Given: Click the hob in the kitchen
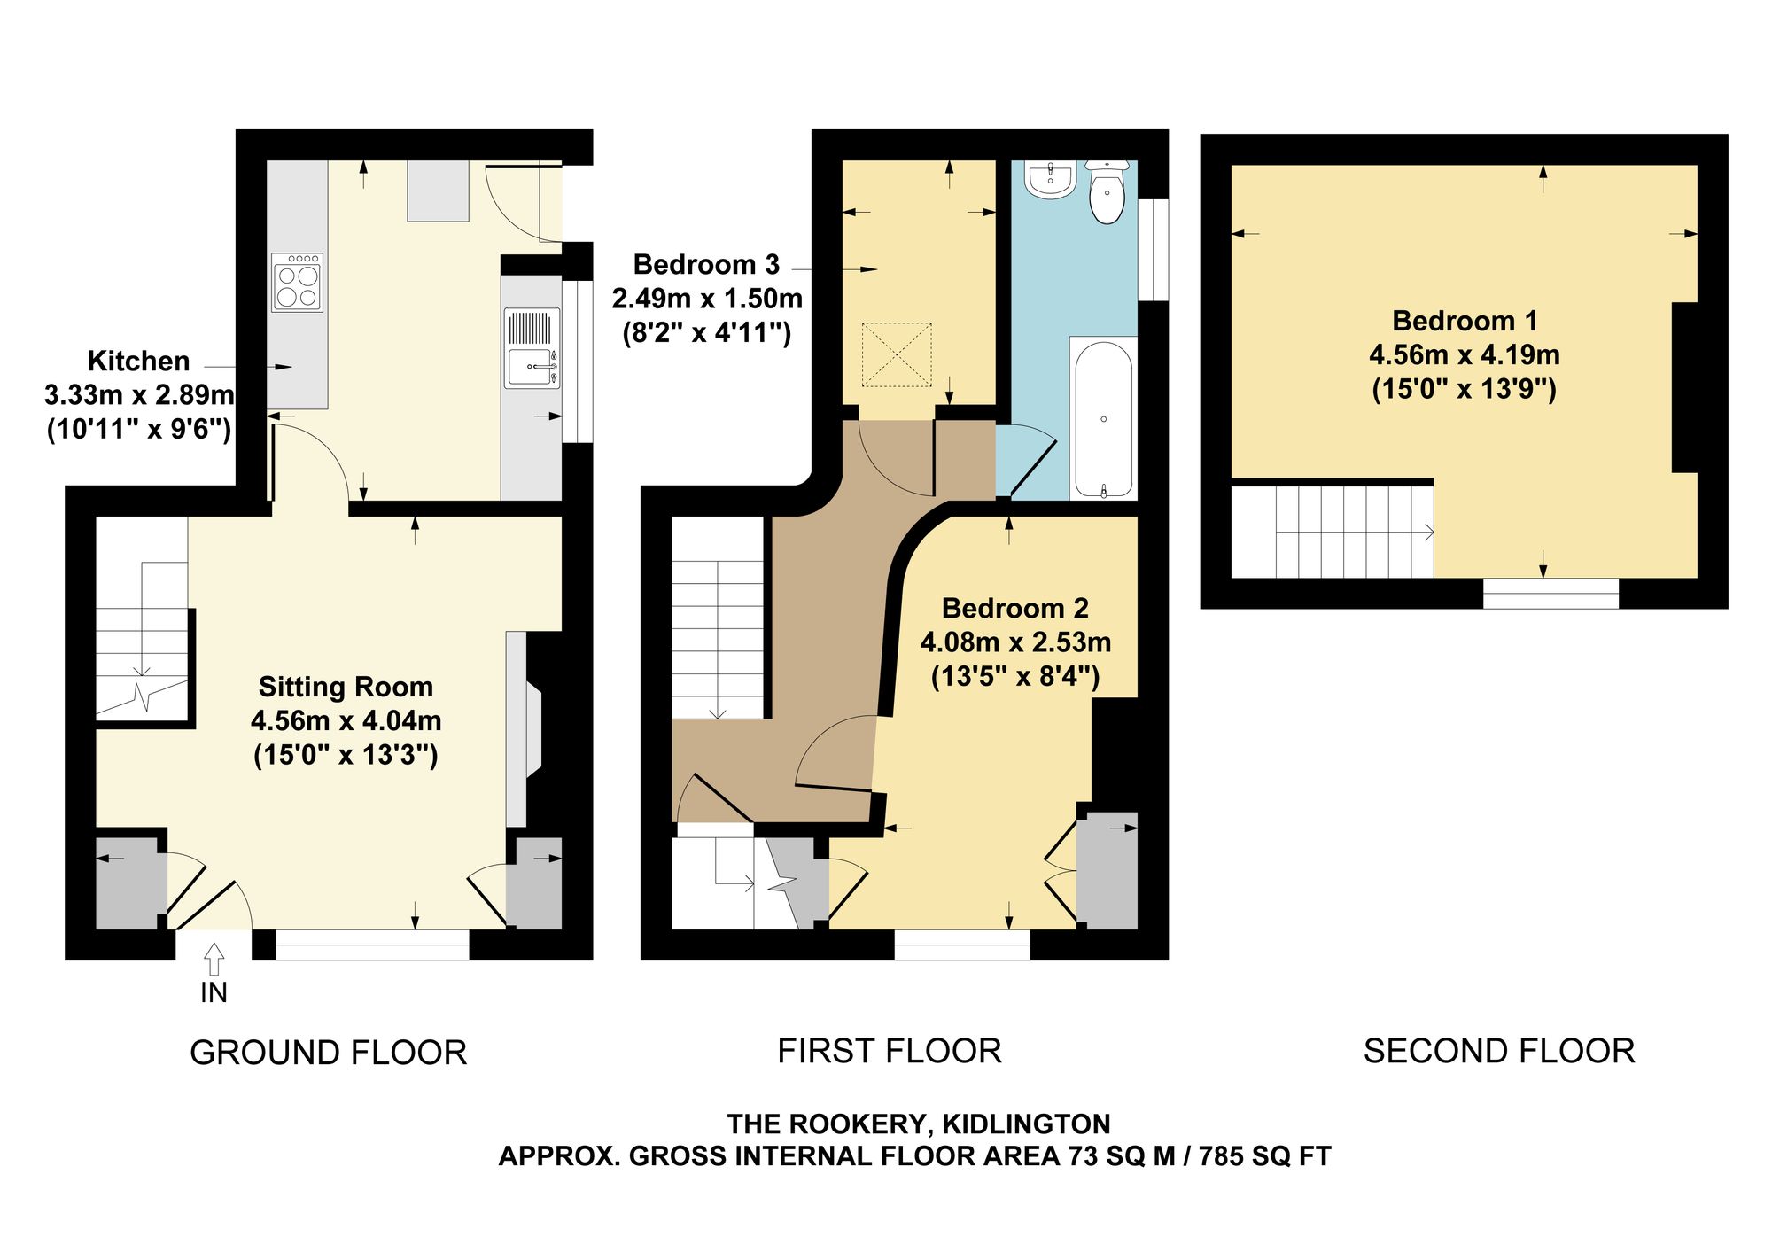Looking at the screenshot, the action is coord(297,283).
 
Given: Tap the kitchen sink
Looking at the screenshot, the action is coord(532,348).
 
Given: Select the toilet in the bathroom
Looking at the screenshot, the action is coord(1107,191).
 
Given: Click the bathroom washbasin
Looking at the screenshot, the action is coord(1050,179).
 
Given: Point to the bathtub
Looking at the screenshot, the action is coord(1103,418).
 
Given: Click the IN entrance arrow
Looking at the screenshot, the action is coord(214,960).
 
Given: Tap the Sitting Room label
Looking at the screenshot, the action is coord(346,687).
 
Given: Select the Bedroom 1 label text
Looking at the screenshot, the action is coord(1465,320).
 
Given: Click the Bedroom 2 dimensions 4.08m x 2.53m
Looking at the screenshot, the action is coord(1015,642).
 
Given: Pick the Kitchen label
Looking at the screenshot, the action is coord(138,361).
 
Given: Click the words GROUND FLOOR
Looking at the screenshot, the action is coord(328,1053).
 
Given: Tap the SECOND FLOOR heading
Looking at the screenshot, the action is coord(1499,1051).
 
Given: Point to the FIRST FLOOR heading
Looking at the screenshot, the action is coord(890,1051).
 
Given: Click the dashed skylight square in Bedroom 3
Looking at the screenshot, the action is coord(897,354).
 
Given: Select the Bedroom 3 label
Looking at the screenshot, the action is coord(706,264).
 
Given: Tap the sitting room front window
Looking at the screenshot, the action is coord(372,945).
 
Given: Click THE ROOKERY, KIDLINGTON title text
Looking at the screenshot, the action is coord(919,1124).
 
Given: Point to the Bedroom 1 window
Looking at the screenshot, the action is coord(1550,594).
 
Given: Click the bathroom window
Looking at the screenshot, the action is coord(1153,250).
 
